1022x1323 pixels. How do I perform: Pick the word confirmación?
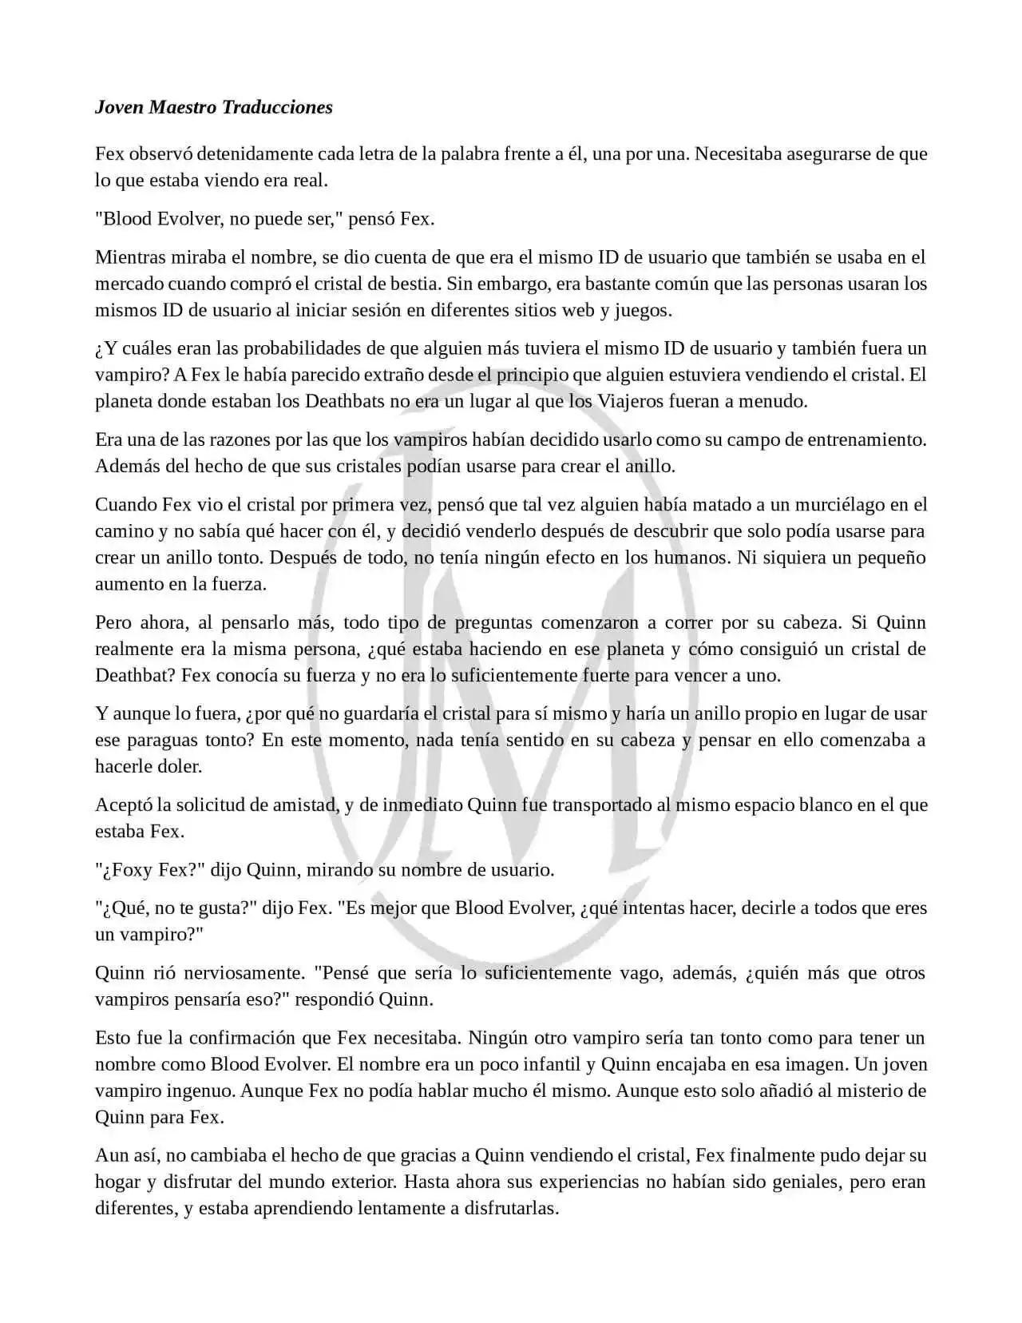click(240, 1039)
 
